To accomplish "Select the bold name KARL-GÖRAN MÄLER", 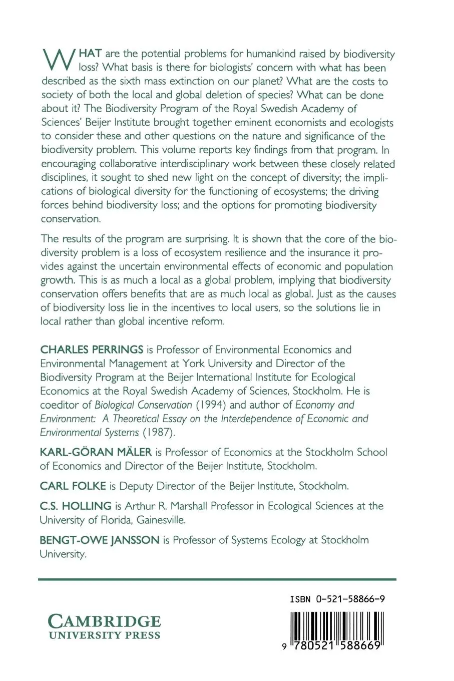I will [96, 452].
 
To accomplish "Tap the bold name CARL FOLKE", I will [73, 486].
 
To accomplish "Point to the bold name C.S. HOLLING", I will [76, 506].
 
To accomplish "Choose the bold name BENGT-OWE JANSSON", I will [100, 540].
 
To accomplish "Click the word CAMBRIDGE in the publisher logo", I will [104, 622].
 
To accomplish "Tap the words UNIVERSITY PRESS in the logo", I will [104, 635].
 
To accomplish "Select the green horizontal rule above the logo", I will [217, 579].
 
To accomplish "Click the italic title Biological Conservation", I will [143, 405].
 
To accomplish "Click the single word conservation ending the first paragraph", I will [70, 219].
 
